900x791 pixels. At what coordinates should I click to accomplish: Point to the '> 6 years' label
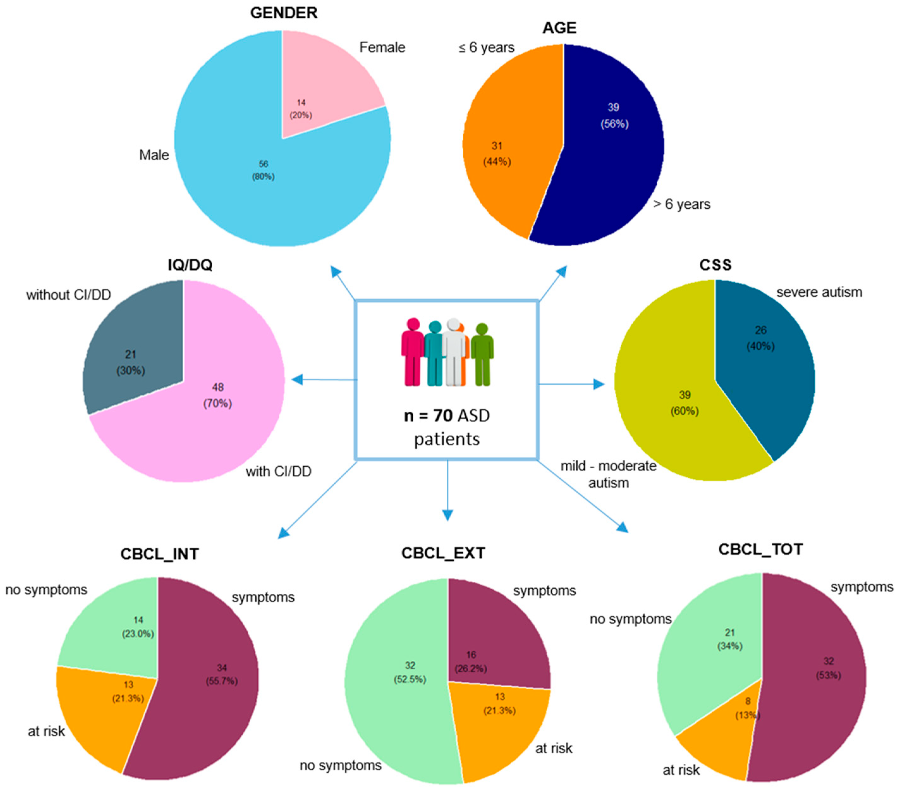pyautogui.click(x=682, y=204)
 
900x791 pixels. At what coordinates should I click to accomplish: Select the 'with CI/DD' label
pyautogui.click(x=278, y=472)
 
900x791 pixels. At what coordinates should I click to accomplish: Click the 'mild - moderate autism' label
pyautogui.click(x=609, y=474)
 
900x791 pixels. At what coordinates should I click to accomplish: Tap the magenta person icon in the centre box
pyautogui.click(x=413, y=352)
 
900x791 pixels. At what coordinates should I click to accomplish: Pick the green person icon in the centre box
pyautogui.click(x=482, y=354)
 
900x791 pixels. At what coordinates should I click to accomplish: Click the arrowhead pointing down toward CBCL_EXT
pyautogui.click(x=447, y=515)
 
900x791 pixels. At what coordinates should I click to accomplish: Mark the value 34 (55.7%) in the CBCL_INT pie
pyautogui.click(x=222, y=674)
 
